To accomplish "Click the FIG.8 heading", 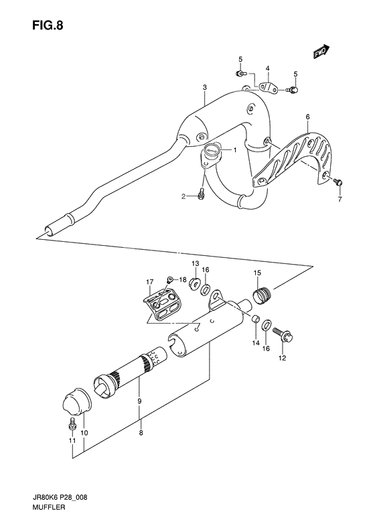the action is point(48,25).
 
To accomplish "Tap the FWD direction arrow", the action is point(321,52).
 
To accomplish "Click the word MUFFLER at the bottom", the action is point(49,507).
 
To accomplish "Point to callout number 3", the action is point(204,88).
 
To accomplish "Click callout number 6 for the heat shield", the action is point(307,117).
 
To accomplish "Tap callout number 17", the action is point(149,281).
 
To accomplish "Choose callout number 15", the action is point(257,273).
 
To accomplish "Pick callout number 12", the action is point(282,358).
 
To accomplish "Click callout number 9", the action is point(139,401).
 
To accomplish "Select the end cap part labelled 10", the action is point(78,401).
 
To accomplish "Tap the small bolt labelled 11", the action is point(72,424).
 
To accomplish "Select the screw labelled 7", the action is point(338,182).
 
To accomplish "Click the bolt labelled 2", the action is point(201,194).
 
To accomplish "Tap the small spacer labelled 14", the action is point(256,319).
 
